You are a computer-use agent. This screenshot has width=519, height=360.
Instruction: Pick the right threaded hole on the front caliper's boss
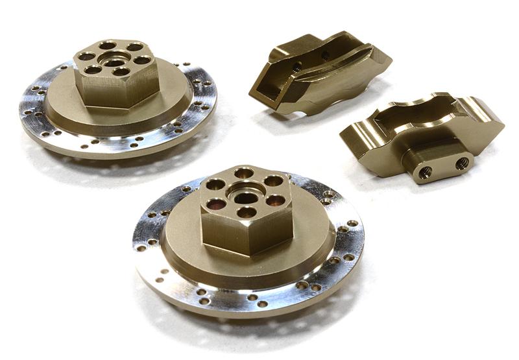[x=461, y=163]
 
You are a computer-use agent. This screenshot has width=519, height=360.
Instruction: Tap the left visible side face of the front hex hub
[x=221, y=230]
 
